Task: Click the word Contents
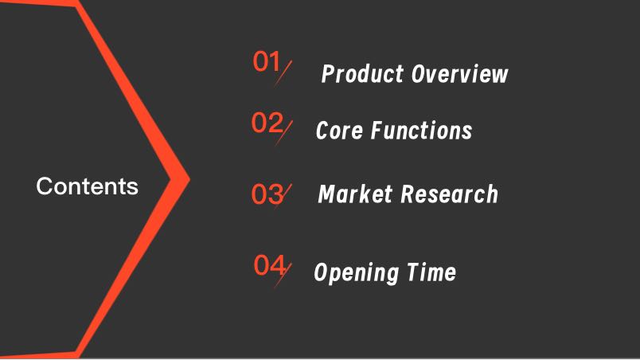coord(88,186)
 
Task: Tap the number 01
coord(267,61)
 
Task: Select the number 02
coord(267,123)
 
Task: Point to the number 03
coord(267,194)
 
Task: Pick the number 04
coord(270,264)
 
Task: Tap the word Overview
coord(459,74)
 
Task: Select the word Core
coord(339,130)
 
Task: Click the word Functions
coord(422,130)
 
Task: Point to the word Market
coord(355,194)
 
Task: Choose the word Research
coord(450,194)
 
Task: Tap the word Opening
coord(357,273)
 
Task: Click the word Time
coord(431,272)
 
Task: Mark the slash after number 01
coord(283,73)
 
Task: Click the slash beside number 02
coord(283,133)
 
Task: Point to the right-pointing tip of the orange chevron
coord(189,178)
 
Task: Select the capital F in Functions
coord(378,130)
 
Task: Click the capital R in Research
coord(408,194)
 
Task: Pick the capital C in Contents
coord(44,186)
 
